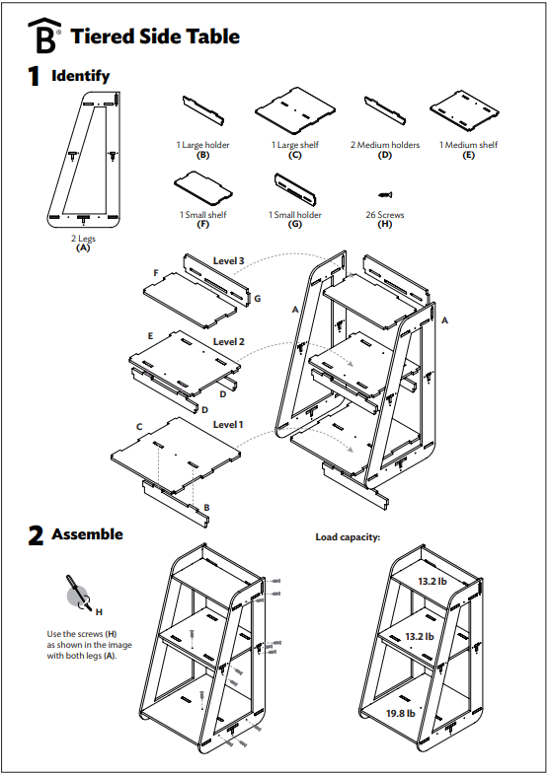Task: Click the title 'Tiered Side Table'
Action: [x=155, y=36]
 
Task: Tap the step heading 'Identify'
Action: [x=80, y=76]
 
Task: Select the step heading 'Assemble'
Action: [x=87, y=534]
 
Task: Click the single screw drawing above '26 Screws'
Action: [x=385, y=191]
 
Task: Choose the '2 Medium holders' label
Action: [x=385, y=145]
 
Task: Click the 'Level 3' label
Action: [x=228, y=261]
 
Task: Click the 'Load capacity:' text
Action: [x=348, y=537]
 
